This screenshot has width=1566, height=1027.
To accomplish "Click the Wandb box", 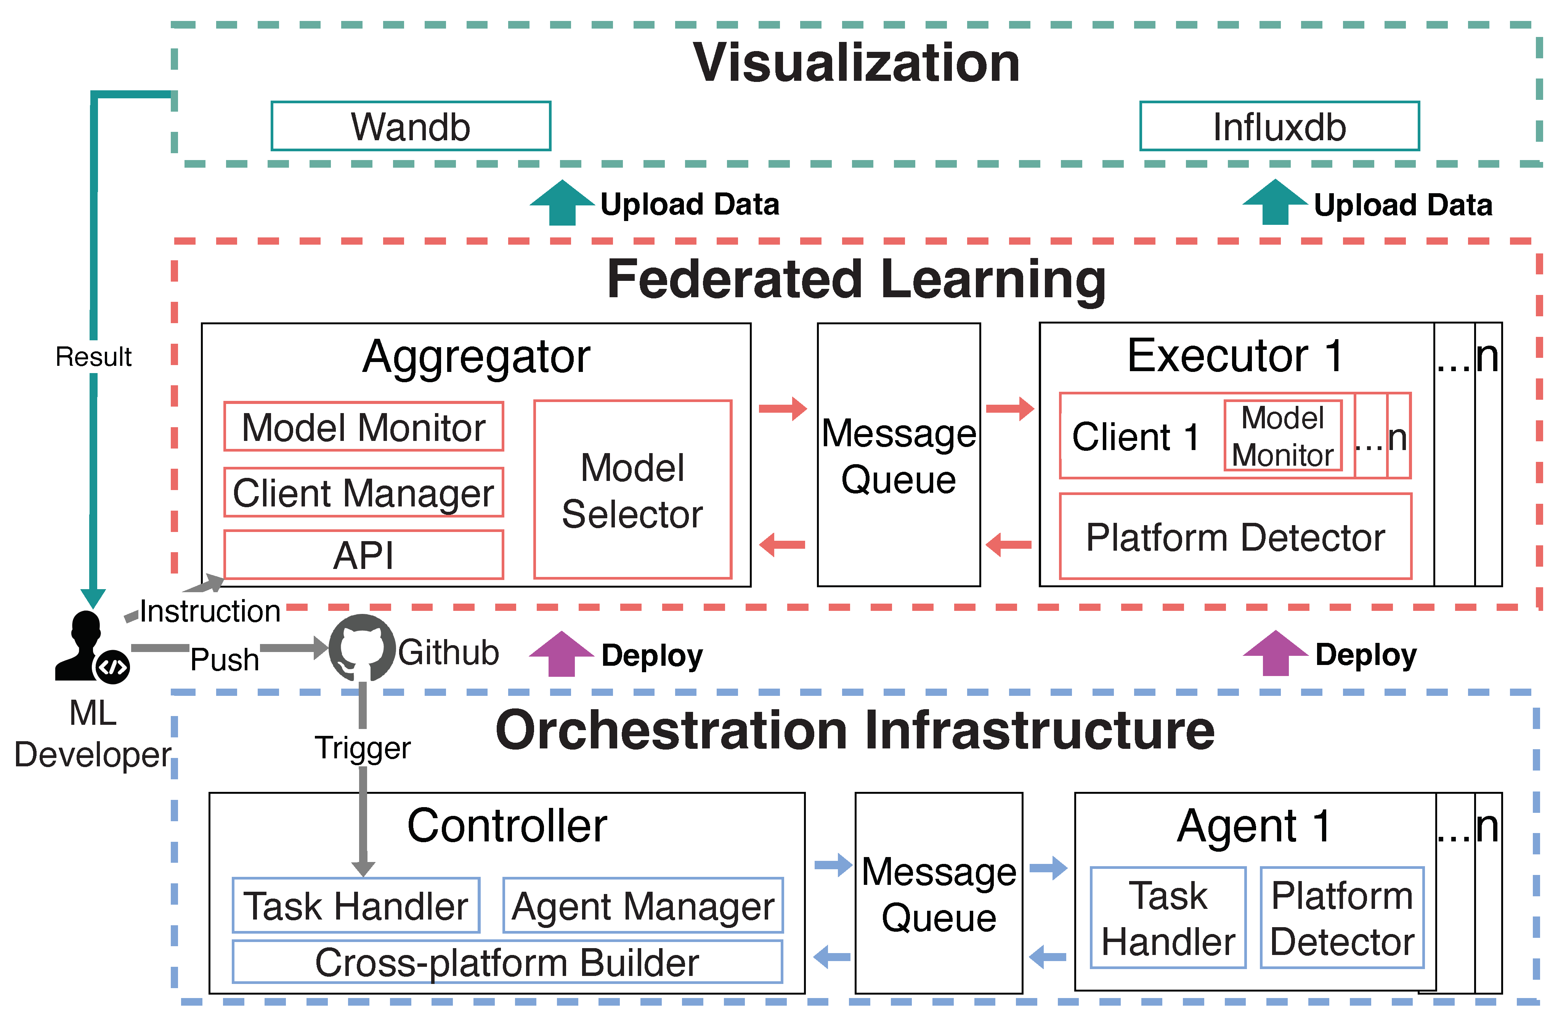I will coord(411,126).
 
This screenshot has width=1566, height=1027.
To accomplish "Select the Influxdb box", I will coord(1279,126).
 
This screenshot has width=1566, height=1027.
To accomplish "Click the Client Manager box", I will coord(363,493).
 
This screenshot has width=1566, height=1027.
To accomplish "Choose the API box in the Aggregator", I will coord(363,555).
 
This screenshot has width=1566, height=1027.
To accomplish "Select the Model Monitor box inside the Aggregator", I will coord(363,427).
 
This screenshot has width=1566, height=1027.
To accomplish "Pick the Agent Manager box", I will coord(642,906).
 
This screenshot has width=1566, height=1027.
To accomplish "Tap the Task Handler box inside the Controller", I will coord(355,906).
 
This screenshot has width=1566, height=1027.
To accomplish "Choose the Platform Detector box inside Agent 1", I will coord(1341,918).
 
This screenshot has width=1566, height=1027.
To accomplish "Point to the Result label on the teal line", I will coord(93,357).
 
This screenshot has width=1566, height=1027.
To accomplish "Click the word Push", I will coord(225,659).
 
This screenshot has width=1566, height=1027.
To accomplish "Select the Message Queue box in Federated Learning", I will coord(898,455).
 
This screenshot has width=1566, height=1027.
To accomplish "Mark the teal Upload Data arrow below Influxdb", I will coord(1274,203).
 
